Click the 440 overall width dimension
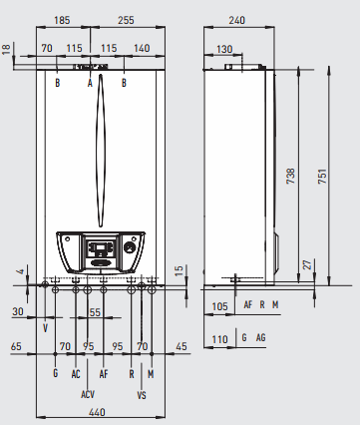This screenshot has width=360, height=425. coord(97,412)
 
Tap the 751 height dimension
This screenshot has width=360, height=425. coord(322,177)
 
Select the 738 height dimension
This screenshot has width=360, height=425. coord(290,177)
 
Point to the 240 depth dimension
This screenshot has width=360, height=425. coord(236,20)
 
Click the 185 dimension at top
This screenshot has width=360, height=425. coord(62,20)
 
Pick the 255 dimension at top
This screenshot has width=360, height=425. coord(126,20)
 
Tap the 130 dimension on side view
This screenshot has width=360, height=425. coord(224,49)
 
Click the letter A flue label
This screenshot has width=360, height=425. coord(90,83)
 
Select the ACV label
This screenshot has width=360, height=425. coord(88,394)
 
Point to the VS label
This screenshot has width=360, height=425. coord(142,395)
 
